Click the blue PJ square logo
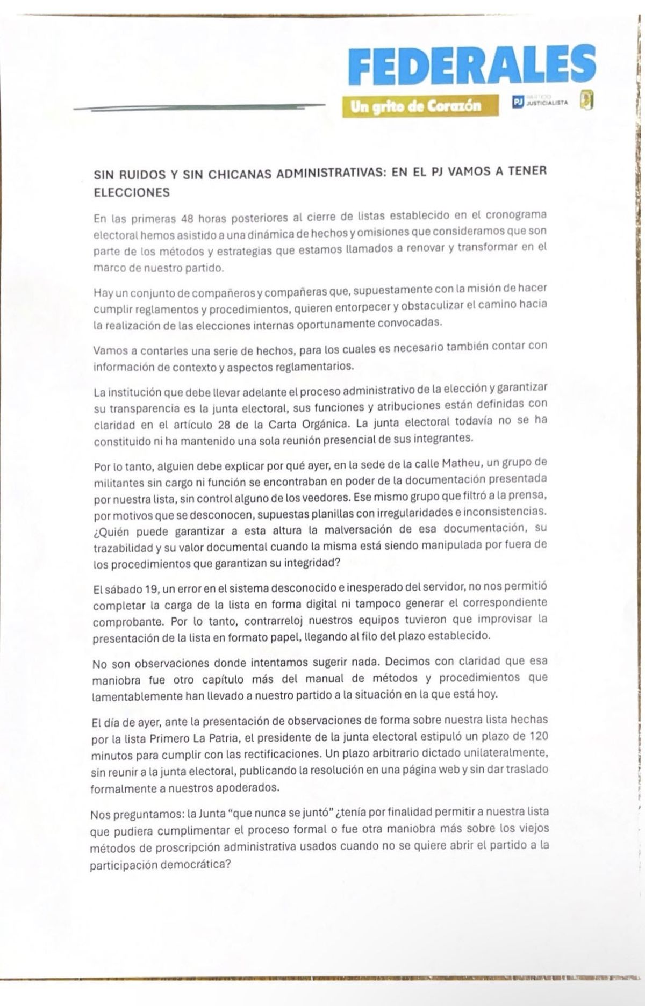click(518, 102)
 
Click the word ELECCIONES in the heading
click(132, 192)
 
